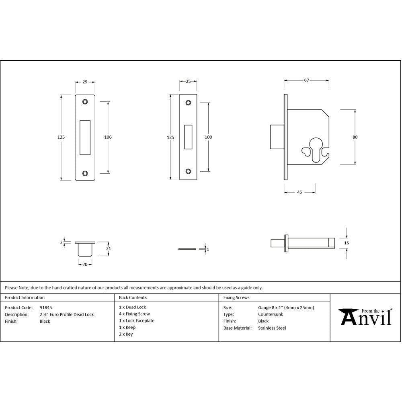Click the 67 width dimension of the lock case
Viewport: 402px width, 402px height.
306,80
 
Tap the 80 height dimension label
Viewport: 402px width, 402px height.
355,137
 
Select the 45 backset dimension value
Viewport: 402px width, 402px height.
299,192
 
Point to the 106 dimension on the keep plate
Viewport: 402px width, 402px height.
108,137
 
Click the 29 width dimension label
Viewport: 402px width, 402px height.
85,82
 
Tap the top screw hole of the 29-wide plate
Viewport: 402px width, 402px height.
85,102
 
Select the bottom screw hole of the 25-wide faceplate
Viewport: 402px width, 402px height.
188,171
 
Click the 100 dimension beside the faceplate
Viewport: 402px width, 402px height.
208,137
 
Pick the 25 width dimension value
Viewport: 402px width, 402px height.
188,82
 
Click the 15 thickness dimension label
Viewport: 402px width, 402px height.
347,243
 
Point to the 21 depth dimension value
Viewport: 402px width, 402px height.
108,248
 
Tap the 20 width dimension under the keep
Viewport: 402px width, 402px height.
85,264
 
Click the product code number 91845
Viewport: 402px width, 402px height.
45,308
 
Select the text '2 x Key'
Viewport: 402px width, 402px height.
126,334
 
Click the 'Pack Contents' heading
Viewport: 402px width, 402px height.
133,297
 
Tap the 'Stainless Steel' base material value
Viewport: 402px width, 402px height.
272,328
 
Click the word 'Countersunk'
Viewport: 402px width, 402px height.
270,314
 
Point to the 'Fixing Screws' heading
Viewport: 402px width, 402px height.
236,297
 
